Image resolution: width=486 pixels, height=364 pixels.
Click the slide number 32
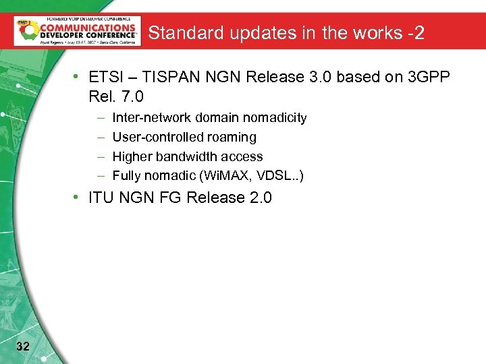tap(22, 346)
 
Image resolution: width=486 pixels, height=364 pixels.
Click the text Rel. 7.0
tap(116, 97)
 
